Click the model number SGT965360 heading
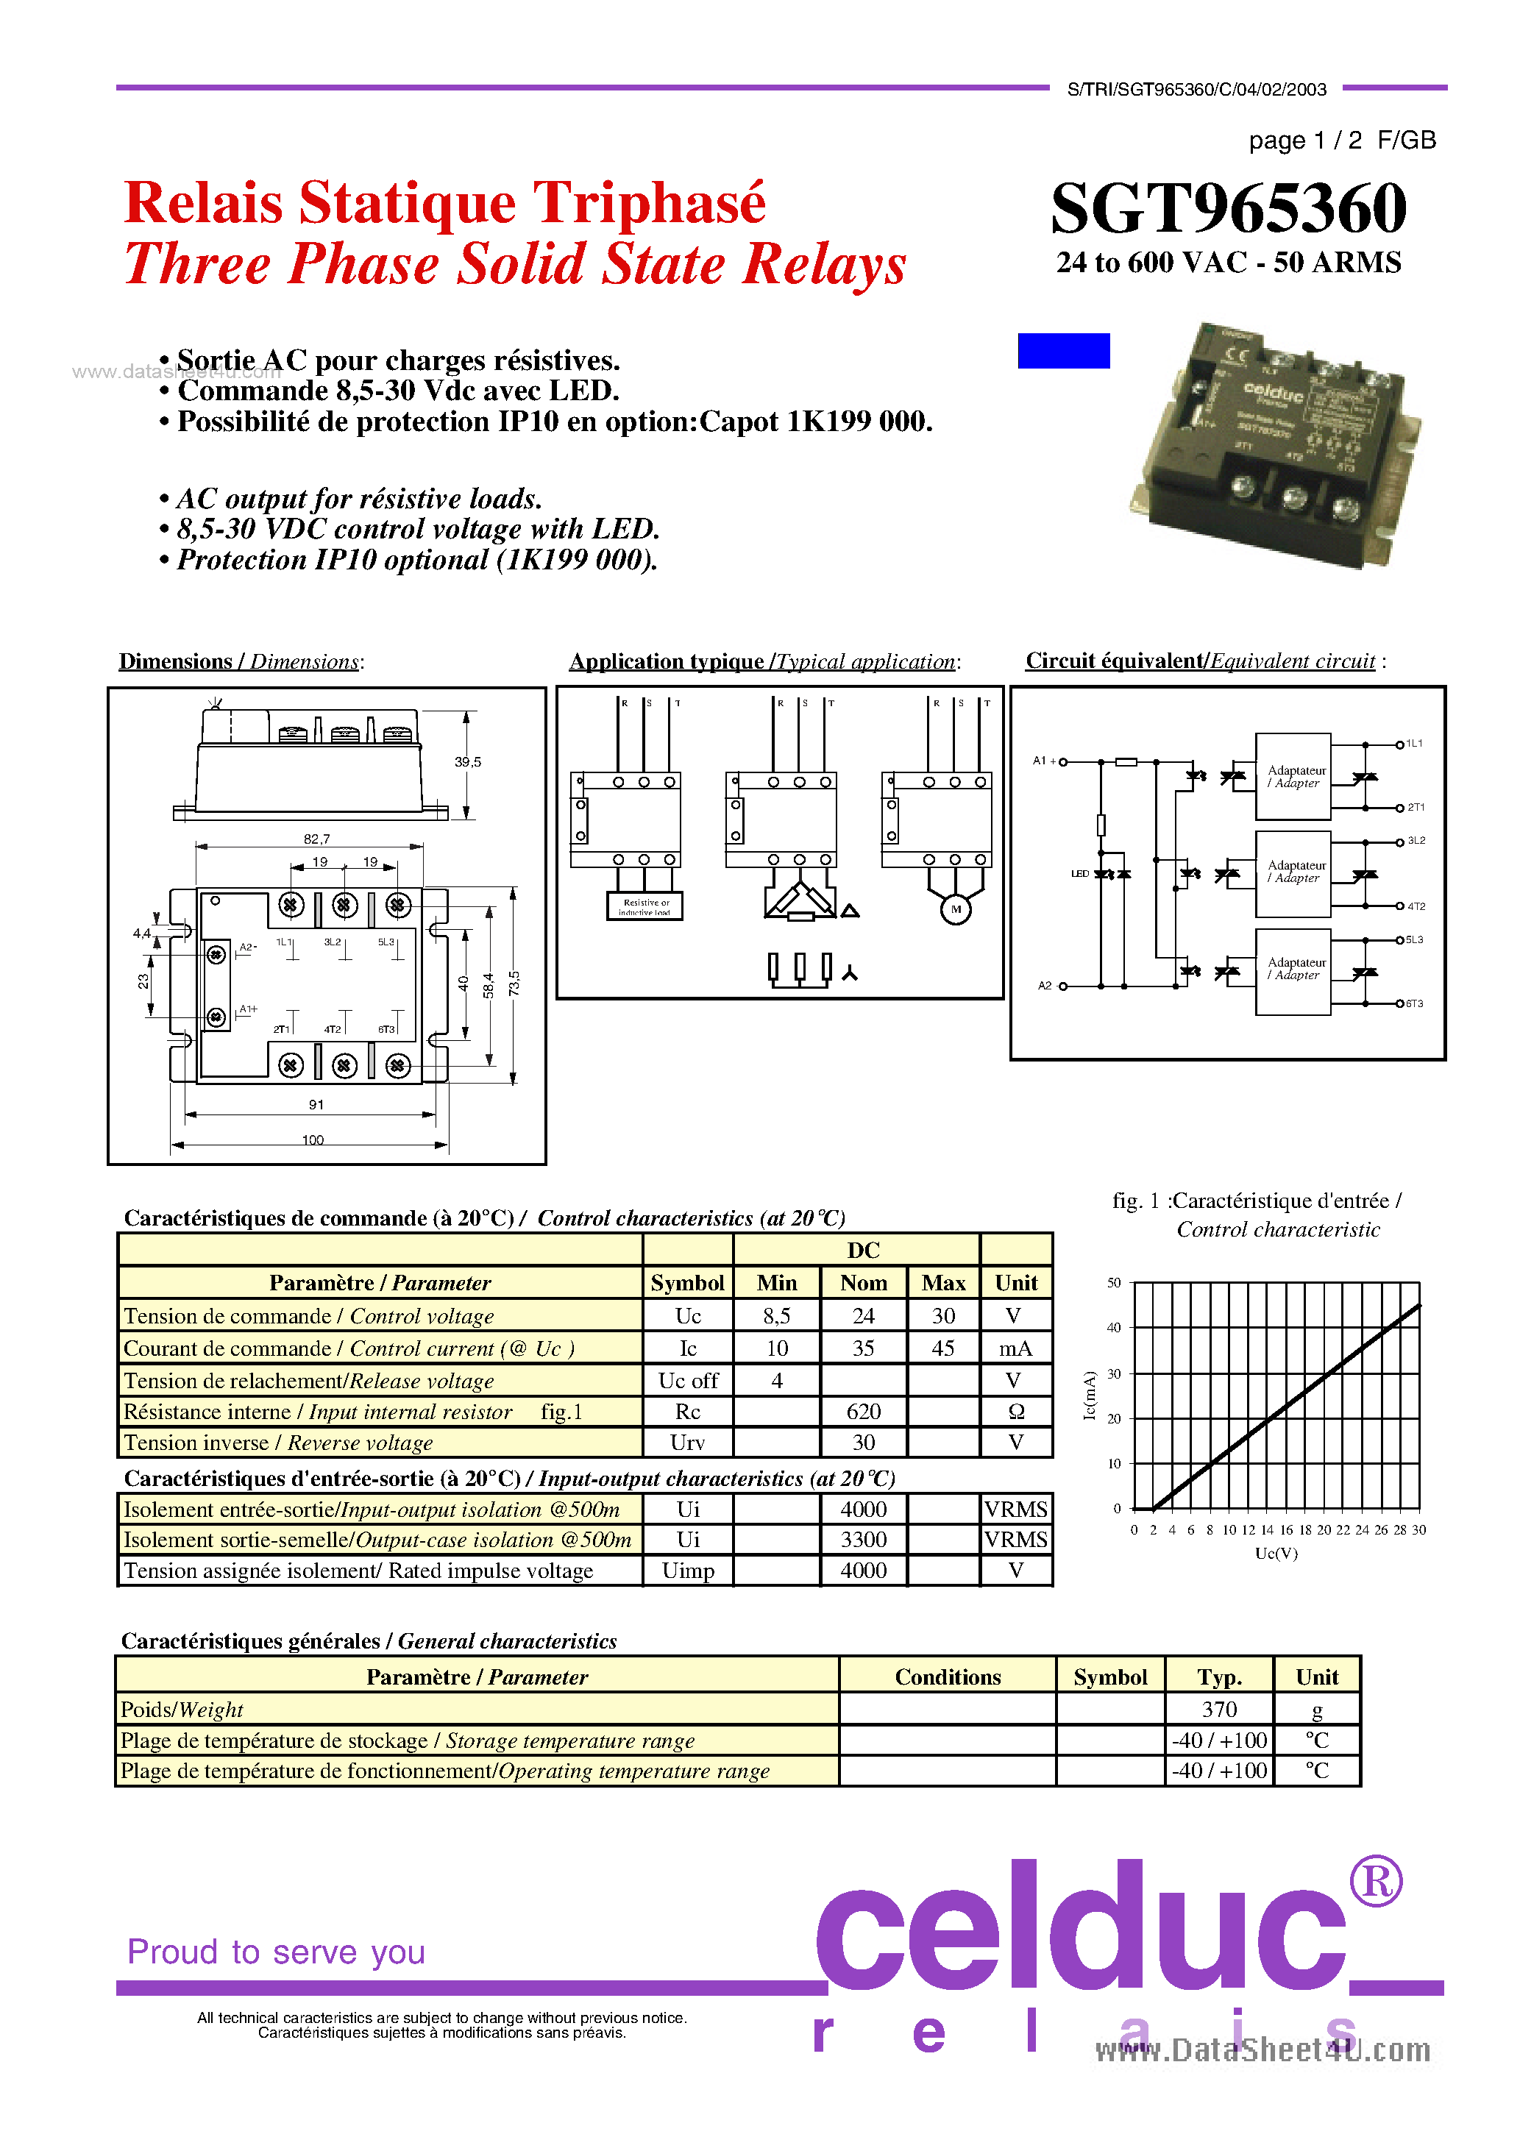coord(1228,208)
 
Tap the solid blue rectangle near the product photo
coord(1064,350)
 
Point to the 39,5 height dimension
coord(468,761)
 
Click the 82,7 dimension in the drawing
coord(317,839)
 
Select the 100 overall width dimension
coord(313,1140)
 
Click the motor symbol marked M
coord(955,909)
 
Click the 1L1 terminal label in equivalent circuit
coord(1414,743)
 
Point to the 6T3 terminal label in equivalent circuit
coord(1414,1003)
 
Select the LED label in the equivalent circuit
coord(1079,874)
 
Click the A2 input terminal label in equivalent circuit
coord(1045,986)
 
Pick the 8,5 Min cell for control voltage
coord(776,1316)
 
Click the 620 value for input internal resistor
coord(863,1412)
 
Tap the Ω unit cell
coord(1016,1412)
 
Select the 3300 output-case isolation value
coord(863,1539)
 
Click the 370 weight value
coord(1219,1710)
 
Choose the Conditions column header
coord(948,1677)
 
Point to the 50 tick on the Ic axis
coord(1114,1282)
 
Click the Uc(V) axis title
coord(1276,1553)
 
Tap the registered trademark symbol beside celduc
coord(1376,1880)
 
